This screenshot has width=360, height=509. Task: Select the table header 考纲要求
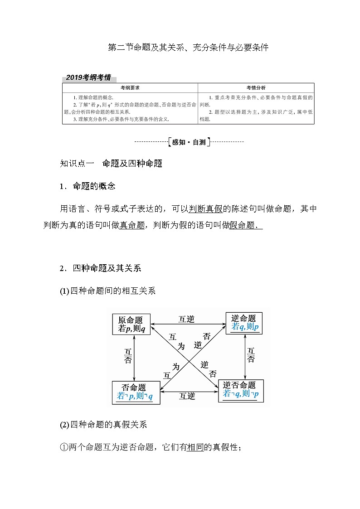pos(130,87)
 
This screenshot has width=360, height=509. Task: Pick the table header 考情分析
pos(256,87)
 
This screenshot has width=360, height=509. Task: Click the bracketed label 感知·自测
pos(189,142)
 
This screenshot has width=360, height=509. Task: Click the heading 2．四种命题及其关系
pos(101,268)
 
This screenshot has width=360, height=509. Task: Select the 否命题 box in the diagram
pos(136,392)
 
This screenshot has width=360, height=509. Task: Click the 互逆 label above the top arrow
pos(187,320)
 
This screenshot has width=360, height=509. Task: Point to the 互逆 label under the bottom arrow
pos(187,396)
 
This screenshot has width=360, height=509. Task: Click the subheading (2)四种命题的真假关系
pos(104,425)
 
